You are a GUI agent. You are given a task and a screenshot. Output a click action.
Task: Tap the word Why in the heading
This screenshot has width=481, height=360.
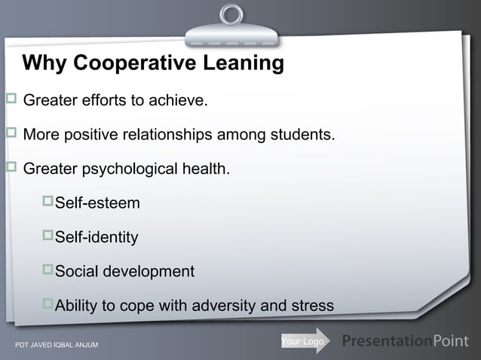[x=42, y=63]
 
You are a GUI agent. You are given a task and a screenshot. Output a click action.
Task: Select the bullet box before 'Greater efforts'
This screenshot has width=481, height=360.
[x=11, y=99]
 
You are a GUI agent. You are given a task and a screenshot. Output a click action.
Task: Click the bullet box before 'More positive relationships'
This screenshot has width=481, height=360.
[x=11, y=134]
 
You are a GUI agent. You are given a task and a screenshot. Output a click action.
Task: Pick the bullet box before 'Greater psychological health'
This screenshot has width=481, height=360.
[x=11, y=167]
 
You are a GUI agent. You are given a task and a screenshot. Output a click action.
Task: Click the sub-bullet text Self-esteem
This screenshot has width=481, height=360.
[x=97, y=203]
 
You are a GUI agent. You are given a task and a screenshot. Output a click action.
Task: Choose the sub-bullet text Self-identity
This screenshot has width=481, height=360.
[x=97, y=237]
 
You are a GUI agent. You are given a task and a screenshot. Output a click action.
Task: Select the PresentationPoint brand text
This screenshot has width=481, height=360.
[x=406, y=341]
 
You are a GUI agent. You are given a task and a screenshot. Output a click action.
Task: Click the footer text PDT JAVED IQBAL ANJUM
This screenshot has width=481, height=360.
[x=57, y=346]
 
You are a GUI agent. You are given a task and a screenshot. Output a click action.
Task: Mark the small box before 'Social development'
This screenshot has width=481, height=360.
[x=48, y=270]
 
